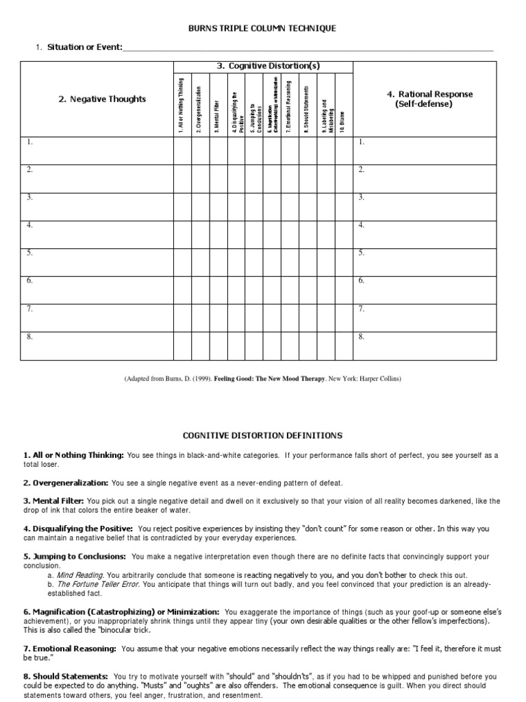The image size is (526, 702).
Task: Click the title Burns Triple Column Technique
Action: click(x=262, y=28)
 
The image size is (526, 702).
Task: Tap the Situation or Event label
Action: click(x=84, y=47)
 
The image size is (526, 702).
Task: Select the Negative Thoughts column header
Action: click(x=102, y=99)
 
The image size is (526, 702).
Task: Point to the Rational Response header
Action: click(x=429, y=99)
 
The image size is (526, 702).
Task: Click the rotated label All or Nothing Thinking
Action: click(x=181, y=104)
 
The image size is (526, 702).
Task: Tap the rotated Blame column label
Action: click(x=342, y=121)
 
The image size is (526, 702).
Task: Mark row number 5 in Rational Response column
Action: click(x=361, y=252)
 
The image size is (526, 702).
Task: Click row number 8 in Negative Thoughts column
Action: click(x=29, y=336)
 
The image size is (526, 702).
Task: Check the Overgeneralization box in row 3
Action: click(x=200, y=206)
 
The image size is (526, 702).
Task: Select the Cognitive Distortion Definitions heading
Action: click(x=262, y=435)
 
